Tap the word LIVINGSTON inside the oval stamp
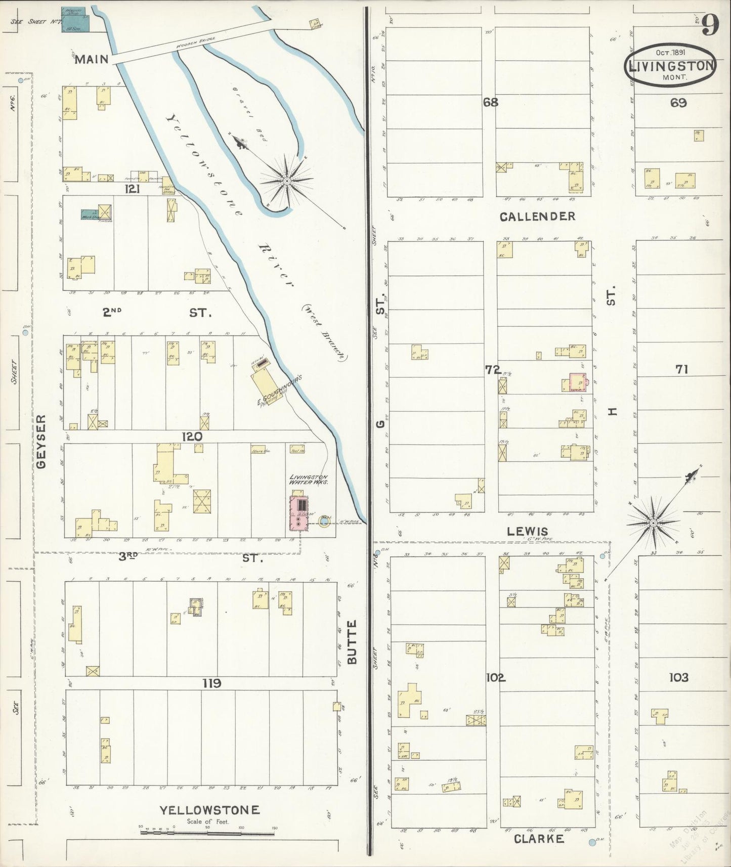pos(670,66)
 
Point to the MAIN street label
pos(92,60)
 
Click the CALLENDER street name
pos(537,216)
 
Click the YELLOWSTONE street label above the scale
pos(209,810)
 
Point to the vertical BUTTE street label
pos(352,642)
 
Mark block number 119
pos(211,684)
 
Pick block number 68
pos(490,102)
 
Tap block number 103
pos(678,677)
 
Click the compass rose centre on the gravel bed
pos(287,181)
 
